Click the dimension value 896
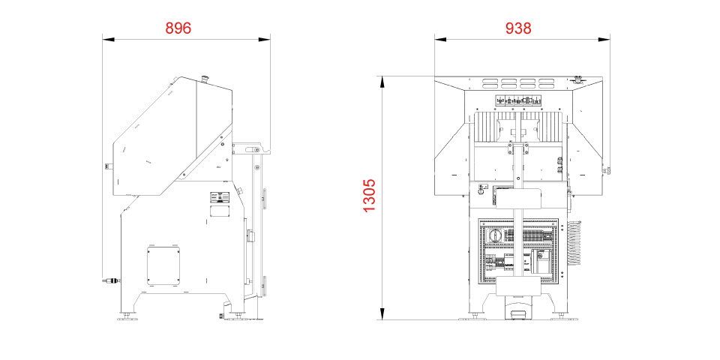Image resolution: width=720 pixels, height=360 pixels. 178,28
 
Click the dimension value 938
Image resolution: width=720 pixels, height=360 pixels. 518,28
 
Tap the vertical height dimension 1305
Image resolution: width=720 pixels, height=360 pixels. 369,195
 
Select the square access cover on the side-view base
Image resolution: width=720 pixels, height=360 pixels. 163,265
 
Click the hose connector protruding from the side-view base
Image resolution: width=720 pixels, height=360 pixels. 111,279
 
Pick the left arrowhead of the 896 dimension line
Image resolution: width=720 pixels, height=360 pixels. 108,40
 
